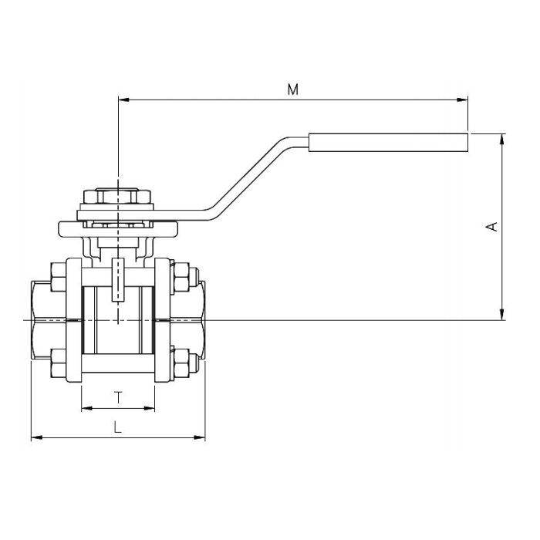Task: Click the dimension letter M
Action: click(x=292, y=89)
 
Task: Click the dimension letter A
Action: click(x=492, y=227)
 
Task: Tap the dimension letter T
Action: click(x=118, y=397)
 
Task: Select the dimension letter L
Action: click(x=118, y=427)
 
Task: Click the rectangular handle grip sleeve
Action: click(x=388, y=143)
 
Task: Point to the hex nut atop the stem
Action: click(x=117, y=196)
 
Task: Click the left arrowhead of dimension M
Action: click(x=124, y=100)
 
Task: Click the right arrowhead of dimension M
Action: click(x=462, y=100)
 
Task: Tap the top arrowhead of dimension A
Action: click(x=501, y=140)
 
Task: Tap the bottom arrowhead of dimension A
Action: click(x=501, y=314)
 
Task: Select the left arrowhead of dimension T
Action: click(x=87, y=408)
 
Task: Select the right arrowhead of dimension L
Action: click(x=199, y=437)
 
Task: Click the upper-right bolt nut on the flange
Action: click(x=181, y=277)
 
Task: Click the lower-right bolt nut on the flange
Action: click(x=181, y=363)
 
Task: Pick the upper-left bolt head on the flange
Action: click(x=58, y=277)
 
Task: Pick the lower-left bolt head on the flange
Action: click(x=58, y=363)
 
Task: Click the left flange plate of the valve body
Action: click(x=74, y=320)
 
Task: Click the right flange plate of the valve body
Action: click(x=162, y=320)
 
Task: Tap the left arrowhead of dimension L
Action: click(x=37, y=437)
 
